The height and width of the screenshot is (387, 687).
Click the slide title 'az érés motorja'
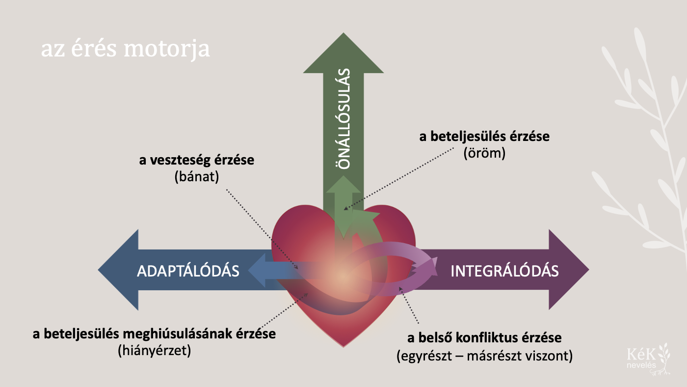click(x=125, y=50)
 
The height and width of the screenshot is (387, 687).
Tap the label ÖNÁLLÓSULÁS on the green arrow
click(x=344, y=119)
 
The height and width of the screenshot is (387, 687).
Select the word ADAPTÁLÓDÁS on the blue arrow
click(x=188, y=271)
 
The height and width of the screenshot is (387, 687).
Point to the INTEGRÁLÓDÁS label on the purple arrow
click(x=504, y=271)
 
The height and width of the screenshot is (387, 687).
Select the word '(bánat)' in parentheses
click(x=196, y=177)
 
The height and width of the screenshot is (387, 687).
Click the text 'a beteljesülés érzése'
click(x=484, y=137)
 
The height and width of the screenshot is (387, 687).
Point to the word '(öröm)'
click(x=484, y=153)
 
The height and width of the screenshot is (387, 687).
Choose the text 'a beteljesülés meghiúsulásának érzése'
click(x=154, y=334)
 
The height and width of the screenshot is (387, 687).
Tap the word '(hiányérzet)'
click(x=154, y=351)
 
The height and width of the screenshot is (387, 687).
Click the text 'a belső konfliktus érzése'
click(x=484, y=338)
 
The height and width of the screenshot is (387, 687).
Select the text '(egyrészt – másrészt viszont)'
click(x=484, y=356)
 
